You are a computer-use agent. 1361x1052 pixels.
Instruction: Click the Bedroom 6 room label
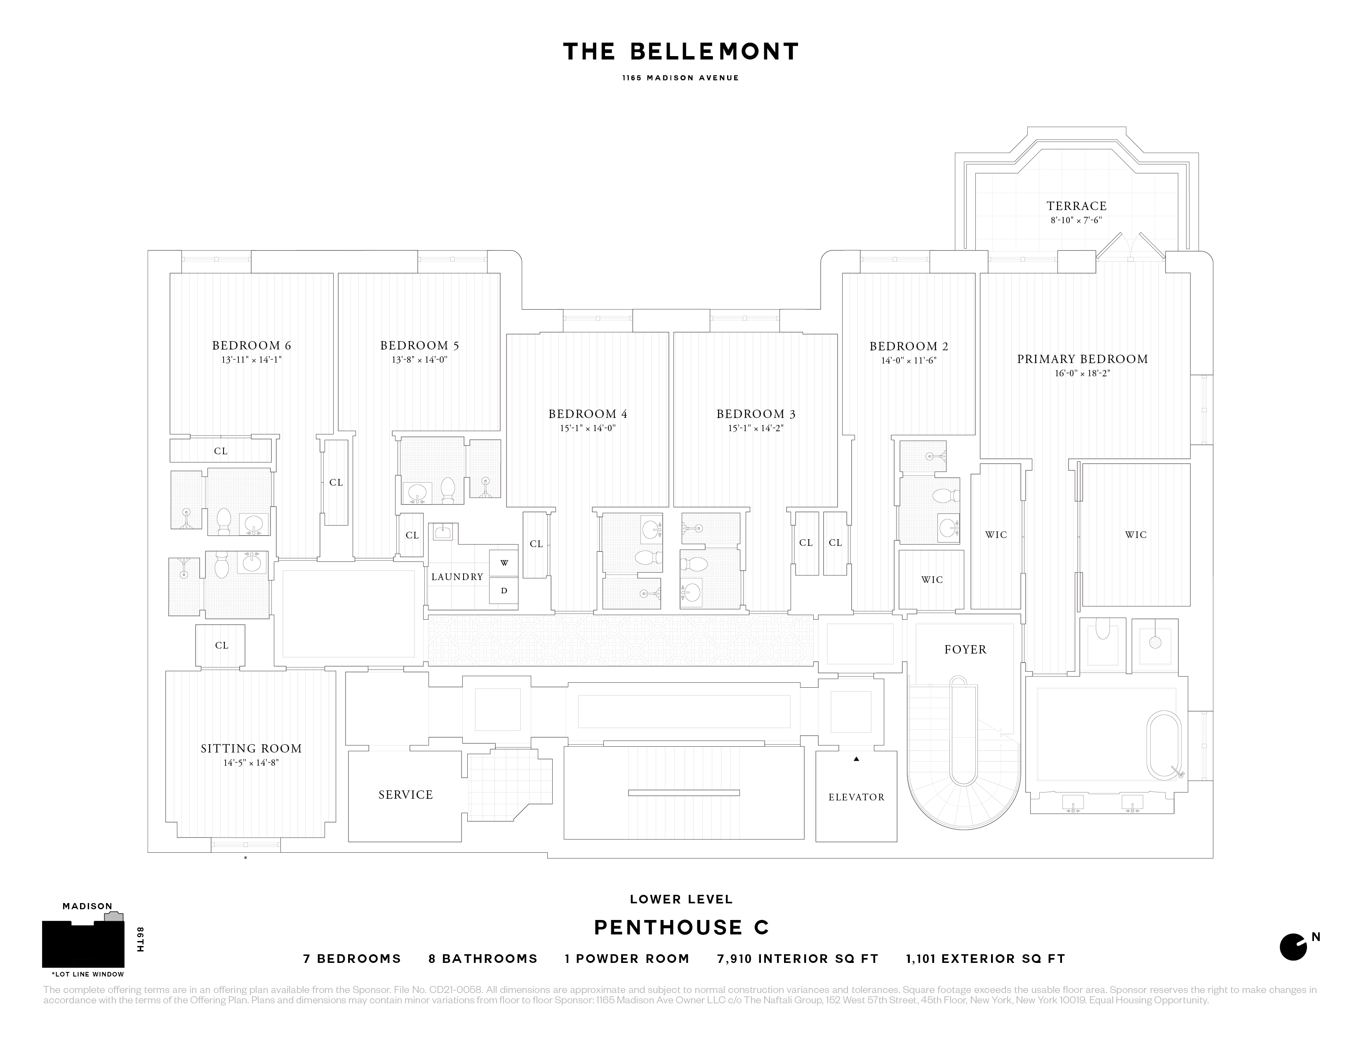pos(251,346)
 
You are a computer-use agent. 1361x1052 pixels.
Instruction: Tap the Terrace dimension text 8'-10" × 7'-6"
pos(1076,220)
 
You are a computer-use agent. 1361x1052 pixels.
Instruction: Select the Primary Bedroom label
pos(1083,359)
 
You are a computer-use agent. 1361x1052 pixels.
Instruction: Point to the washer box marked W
pos(504,563)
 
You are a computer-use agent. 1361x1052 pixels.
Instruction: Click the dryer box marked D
pos(504,591)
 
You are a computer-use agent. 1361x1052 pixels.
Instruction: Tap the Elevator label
pos(856,797)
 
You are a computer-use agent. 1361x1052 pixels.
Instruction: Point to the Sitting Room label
pos(251,748)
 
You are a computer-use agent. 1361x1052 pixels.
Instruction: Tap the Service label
pos(406,795)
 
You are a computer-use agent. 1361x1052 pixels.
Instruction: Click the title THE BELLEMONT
pos(680,52)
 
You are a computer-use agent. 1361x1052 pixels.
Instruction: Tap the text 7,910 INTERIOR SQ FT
pos(798,958)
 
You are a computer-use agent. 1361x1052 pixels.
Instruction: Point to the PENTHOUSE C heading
pos(681,927)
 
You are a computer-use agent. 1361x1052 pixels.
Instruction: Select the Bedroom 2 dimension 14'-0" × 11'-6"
pos(909,360)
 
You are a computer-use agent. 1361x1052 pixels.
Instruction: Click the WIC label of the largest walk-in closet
pos(1135,535)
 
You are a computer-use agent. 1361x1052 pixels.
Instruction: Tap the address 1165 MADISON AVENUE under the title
pos(680,78)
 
